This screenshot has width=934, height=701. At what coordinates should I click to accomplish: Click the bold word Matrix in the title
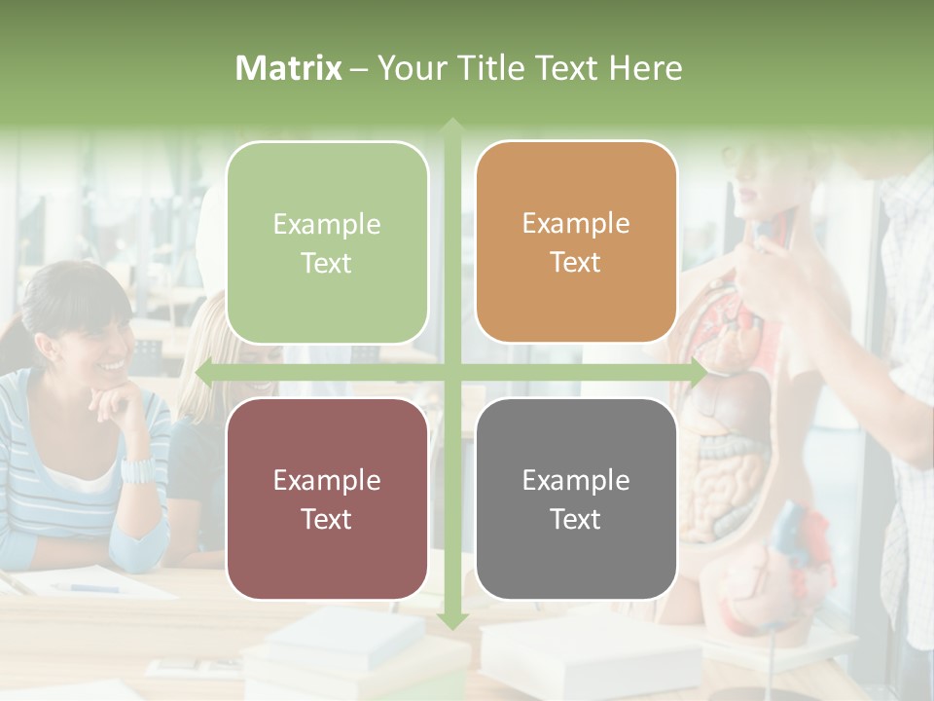coord(289,68)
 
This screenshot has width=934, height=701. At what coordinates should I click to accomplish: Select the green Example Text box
coord(327,242)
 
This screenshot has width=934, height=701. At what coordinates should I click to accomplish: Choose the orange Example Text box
coord(576,242)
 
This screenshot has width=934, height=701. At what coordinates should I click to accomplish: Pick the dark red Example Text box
coord(327,498)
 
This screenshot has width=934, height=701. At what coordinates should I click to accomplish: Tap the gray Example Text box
coord(576,498)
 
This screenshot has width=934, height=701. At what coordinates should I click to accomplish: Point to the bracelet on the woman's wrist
coord(136,471)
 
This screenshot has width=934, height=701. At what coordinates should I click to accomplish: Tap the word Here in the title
coord(645,68)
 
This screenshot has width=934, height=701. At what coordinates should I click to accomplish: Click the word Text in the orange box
coord(576,263)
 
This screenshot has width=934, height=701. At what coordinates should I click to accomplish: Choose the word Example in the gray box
coord(576,480)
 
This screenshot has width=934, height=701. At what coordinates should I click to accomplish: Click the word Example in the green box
coord(327,224)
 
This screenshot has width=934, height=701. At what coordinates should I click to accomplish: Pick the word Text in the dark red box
coord(327,519)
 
